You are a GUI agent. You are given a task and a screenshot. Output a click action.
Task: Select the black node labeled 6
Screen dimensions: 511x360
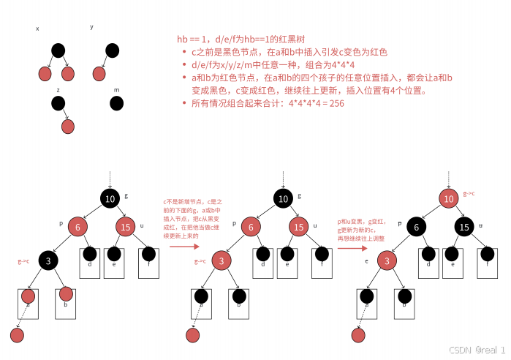pyautogui.click(x=416, y=227)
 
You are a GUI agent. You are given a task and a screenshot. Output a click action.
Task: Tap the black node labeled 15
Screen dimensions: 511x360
pyautogui.click(x=464, y=227)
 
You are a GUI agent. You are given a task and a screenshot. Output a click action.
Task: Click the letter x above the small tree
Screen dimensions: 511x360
pyautogui.click(x=37, y=29)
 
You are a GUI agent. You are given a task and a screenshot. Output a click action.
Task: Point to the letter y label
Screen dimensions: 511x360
pyautogui.click(x=91, y=27)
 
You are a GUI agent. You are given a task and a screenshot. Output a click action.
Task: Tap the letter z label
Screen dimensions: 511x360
pyautogui.click(x=58, y=89)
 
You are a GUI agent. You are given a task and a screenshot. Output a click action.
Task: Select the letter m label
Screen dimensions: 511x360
pyautogui.click(x=116, y=90)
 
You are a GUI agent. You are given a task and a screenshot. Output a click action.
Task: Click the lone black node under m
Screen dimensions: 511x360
pyautogui.click(x=116, y=103)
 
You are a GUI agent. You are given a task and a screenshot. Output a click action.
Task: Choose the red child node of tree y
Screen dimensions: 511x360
pyautogui.click(x=99, y=73)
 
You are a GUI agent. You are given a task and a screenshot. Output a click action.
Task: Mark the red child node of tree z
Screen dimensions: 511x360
pyautogui.click(x=68, y=126)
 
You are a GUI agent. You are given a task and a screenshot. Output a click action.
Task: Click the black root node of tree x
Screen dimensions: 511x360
pyautogui.click(x=58, y=50)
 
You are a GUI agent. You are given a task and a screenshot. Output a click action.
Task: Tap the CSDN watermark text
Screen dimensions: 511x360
pyautogui.click(x=476, y=350)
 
